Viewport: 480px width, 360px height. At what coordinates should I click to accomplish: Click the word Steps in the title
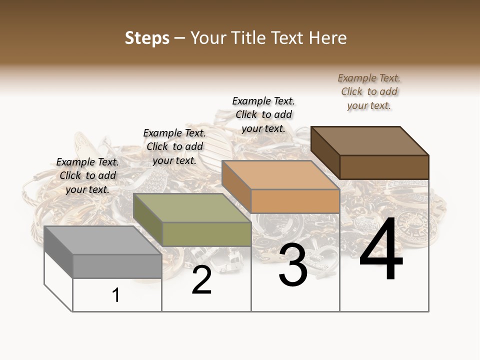coord(147,38)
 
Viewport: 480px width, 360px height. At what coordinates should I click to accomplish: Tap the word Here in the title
coord(327,38)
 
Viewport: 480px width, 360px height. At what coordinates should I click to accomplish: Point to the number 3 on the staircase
coord(293,265)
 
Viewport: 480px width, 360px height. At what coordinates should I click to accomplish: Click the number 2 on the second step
coord(201,280)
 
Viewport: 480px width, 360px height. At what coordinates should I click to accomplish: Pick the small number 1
coord(116,295)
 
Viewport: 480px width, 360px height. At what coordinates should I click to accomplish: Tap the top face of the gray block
coord(102,240)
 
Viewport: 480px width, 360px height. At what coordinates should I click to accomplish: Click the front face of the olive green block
coord(206,234)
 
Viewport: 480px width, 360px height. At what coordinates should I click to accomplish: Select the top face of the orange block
coord(280,175)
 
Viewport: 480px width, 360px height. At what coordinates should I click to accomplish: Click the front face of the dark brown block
coord(384,167)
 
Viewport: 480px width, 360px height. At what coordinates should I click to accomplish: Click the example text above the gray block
coord(87,175)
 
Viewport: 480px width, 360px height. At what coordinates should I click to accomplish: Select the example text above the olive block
coord(174,146)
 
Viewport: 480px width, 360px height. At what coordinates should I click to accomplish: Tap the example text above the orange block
coord(263,114)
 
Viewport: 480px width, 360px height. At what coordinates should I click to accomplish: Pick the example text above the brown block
coord(369,91)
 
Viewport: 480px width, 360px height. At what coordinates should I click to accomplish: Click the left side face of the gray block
coord(58,252)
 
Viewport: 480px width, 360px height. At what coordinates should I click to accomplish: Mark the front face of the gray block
coord(117,266)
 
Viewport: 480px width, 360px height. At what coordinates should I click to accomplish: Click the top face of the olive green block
coord(192,208)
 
